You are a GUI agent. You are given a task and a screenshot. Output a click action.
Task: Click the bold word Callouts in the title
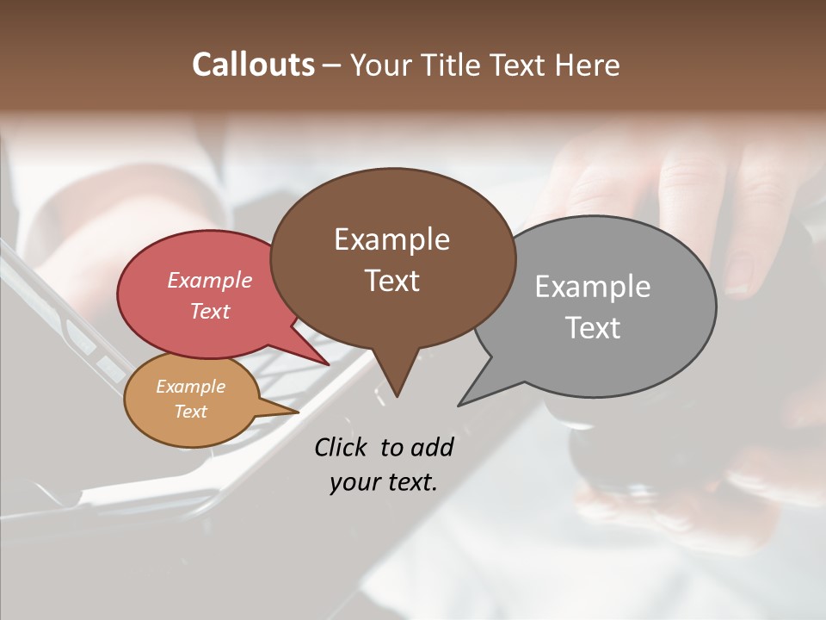point(253,65)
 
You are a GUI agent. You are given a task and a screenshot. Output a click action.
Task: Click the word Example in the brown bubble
point(391,239)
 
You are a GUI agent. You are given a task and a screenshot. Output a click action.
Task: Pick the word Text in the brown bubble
point(391,281)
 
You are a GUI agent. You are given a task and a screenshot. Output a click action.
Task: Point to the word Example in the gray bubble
point(592,287)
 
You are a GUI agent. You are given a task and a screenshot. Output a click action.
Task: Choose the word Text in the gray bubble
point(593,328)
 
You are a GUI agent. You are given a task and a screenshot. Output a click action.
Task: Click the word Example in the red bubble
point(209,281)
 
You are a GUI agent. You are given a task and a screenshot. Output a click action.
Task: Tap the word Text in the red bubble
point(209,312)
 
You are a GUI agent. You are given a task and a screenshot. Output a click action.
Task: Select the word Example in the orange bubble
point(190,387)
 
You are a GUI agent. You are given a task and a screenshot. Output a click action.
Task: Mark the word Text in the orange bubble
point(190,412)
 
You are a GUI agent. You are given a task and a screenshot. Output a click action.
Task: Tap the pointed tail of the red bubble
point(324,360)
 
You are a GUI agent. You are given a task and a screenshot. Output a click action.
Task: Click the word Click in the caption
point(342,447)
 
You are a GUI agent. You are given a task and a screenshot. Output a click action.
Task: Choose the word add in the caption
point(431,447)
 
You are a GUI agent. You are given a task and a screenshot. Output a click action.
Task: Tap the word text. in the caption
point(409,482)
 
